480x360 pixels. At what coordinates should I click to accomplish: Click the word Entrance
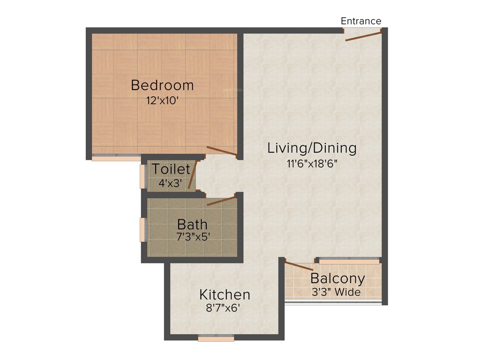[x=360, y=21]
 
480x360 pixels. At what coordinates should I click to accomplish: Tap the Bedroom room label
[x=162, y=86]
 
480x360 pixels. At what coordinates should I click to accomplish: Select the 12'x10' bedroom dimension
[x=162, y=100]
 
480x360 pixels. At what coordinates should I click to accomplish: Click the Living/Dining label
[x=312, y=148]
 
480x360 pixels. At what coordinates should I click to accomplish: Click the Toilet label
[x=171, y=169]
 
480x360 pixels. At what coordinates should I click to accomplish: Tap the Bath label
[x=192, y=224]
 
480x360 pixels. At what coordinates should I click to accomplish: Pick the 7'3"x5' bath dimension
[x=192, y=237]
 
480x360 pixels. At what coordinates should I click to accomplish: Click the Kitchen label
[x=225, y=295]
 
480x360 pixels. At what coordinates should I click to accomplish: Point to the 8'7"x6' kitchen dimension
[x=225, y=309]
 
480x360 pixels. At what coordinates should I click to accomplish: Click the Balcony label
[x=337, y=278]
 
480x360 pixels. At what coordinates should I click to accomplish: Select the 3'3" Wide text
[x=336, y=292]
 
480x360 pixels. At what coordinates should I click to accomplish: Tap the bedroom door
[x=222, y=151]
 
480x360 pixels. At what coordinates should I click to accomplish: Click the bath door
[x=221, y=201]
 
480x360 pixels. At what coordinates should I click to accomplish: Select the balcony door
[x=299, y=266]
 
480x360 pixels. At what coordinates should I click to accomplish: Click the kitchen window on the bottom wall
[x=216, y=337]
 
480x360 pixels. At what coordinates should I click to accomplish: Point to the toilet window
[x=142, y=176]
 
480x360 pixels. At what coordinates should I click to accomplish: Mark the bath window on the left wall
[x=142, y=230]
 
